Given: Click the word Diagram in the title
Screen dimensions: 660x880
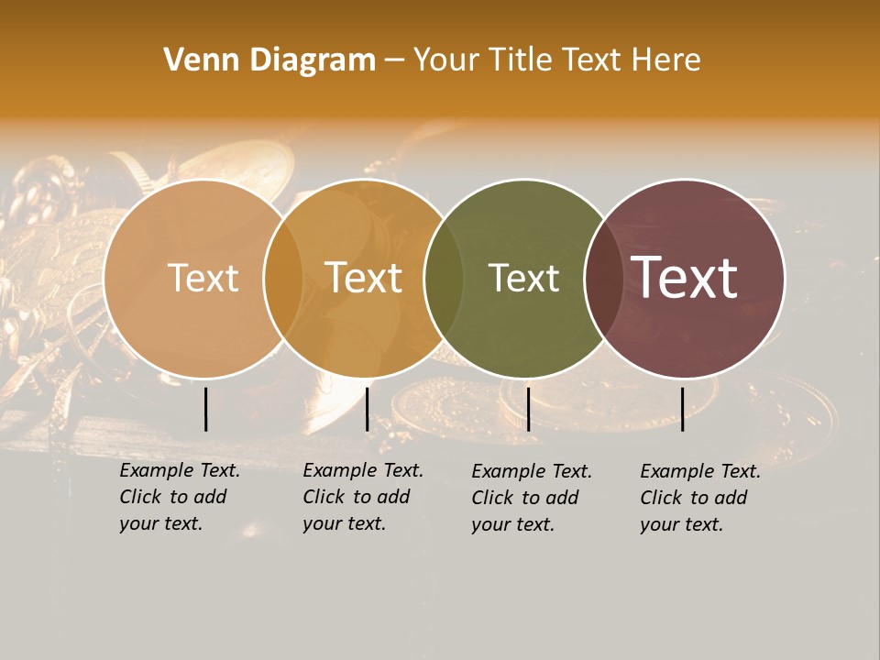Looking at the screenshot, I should point(313,60).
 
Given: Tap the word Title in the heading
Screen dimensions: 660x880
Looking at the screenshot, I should point(525,60).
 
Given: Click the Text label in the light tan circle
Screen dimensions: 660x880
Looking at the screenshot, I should point(203,278).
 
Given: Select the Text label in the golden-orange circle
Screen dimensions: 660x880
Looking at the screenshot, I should point(363,278).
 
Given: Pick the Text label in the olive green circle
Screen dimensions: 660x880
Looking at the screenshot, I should point(523,278).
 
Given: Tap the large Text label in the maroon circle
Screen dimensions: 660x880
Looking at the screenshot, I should point(684,278).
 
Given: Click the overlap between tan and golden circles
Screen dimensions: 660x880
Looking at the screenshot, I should point(283,278).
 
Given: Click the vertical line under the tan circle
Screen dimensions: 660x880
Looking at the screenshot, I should point(205,409).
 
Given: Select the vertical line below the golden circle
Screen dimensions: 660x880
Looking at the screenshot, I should point(367,409).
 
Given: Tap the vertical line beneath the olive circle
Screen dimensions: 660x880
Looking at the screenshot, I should point(528,409).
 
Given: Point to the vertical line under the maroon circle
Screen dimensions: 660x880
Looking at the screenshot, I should point(682,409).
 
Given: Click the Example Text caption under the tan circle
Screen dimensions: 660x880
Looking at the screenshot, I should point(179,497).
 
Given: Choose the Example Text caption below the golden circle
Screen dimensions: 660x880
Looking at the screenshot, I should point(362,497).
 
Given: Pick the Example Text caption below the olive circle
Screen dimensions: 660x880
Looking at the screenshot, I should point(531,498).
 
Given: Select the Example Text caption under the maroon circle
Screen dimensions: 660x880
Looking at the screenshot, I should point(699,498).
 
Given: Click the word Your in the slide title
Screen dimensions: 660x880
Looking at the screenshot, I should point(446,60).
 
